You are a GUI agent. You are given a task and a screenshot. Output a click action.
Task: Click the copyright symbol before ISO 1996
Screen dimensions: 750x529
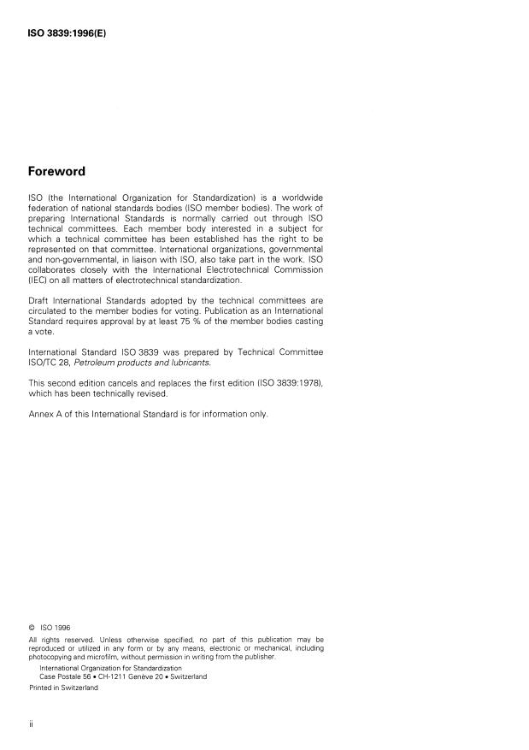32,627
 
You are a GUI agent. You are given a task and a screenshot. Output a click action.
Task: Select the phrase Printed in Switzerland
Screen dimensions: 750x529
63,687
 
